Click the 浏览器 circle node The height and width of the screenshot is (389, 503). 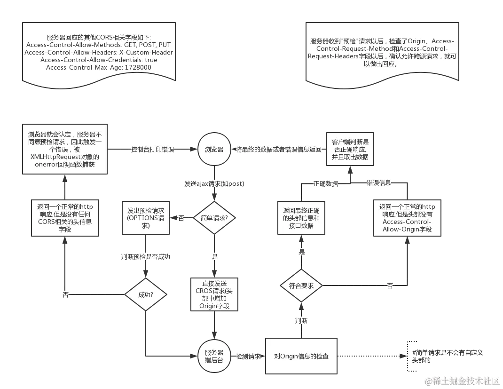214,149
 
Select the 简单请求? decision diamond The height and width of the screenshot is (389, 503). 214,218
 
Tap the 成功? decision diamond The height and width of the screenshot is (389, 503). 145,294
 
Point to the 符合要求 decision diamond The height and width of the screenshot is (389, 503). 301,285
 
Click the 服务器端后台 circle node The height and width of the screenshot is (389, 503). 214,357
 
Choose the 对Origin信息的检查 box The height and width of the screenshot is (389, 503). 301,356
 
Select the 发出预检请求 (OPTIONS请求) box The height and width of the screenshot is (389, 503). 145,218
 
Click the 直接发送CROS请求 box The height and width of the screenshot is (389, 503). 214,294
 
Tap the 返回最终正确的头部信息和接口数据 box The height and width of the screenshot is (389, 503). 301,218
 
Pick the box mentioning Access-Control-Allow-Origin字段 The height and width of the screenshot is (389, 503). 407,218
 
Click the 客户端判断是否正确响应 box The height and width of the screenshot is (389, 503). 350,149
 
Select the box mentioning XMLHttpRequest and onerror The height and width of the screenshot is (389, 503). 65,149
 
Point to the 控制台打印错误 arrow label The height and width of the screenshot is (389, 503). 152,150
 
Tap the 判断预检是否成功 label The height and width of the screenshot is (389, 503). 145,257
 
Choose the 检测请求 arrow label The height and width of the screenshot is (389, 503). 248,357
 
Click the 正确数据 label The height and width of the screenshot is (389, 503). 325,183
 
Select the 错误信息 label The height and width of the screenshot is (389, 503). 378,183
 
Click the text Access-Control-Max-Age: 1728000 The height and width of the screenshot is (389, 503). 99,67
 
